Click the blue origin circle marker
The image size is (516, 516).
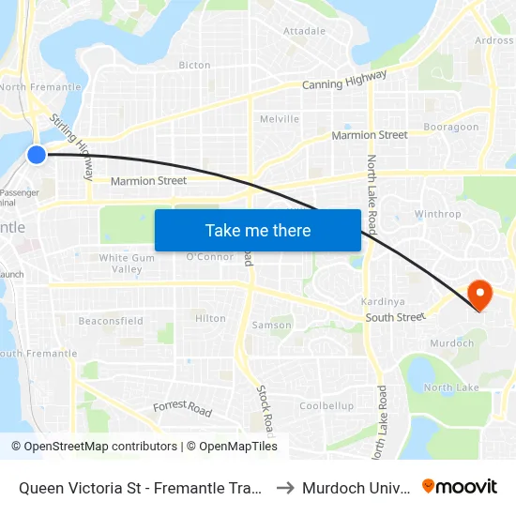point(36,155)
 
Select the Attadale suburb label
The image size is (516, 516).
point(304,31)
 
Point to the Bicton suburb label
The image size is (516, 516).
point(194,66)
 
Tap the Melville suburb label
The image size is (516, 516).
point(279,119)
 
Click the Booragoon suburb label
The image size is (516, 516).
point(450,128)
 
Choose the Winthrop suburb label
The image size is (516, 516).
point(437,214)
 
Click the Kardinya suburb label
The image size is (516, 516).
point(382,302)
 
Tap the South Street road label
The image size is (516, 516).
point(395,318)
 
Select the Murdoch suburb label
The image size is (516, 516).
point(451,343)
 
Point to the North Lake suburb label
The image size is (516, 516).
point(451,387)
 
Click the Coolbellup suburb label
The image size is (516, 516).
point(326,406)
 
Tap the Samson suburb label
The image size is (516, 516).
point(271,326)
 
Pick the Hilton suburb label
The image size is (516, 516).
point(210,319)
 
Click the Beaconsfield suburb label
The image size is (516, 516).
point(111,321)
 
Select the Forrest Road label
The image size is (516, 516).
point(182,408)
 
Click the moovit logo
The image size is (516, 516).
point(459,486)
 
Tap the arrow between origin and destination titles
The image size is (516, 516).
point(284,487)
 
